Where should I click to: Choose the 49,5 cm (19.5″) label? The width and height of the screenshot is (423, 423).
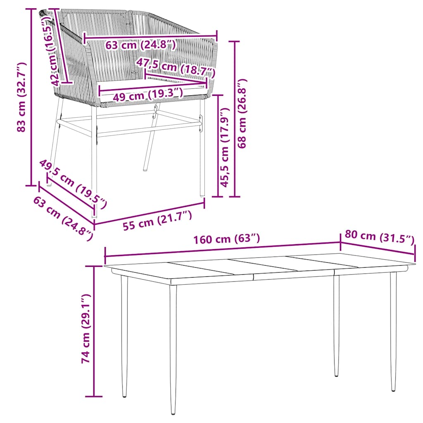74,183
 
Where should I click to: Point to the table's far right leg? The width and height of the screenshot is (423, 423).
393,330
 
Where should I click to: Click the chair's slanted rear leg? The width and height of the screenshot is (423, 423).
150,145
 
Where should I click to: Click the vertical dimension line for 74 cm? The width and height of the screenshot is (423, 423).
95,330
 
